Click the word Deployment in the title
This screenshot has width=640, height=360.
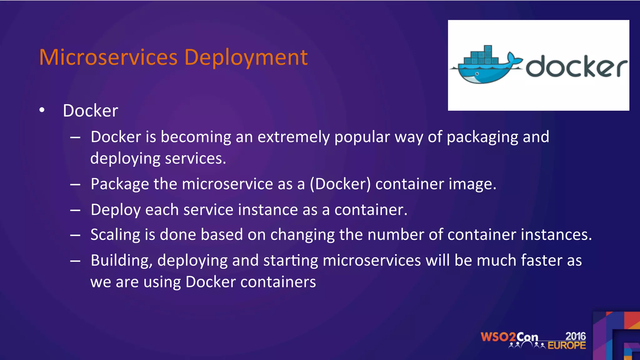[246, 58]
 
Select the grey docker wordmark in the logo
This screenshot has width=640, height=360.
[576, 67]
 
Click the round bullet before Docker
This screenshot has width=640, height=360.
[42, 110]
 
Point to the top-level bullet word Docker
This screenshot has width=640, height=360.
[90, 111]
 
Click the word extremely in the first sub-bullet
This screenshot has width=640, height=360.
[293, 137]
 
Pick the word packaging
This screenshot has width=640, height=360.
[482, 137]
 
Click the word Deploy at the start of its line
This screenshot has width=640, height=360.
[116, 210]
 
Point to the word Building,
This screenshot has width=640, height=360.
[122, 261]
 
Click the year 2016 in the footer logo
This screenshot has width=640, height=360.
[575, 336]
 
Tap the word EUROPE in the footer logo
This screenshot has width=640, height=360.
[567, 346]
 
